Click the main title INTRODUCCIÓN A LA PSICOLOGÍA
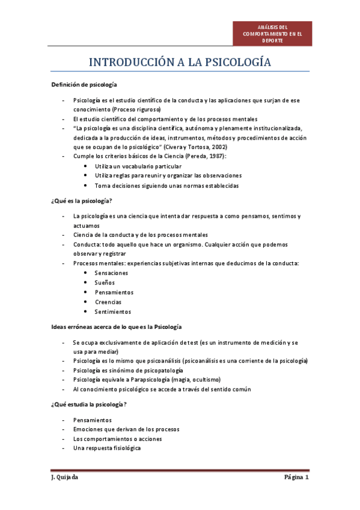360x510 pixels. click(x=180, y=63)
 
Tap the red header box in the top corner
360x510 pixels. click(x=273, y=34)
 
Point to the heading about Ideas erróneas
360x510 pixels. click(x=115, y=327)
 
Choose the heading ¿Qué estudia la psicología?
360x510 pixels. click(x=88, y=404)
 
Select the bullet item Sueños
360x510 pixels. click(x=105, y=283)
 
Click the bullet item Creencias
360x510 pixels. click(x=108, y=302)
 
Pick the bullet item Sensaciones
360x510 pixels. click(x=111, y=273)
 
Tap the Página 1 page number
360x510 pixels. click(x=296, y=478)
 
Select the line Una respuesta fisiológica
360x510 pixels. click(x=107, y=448)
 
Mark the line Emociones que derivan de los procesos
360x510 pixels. click(x=126, y=429)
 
